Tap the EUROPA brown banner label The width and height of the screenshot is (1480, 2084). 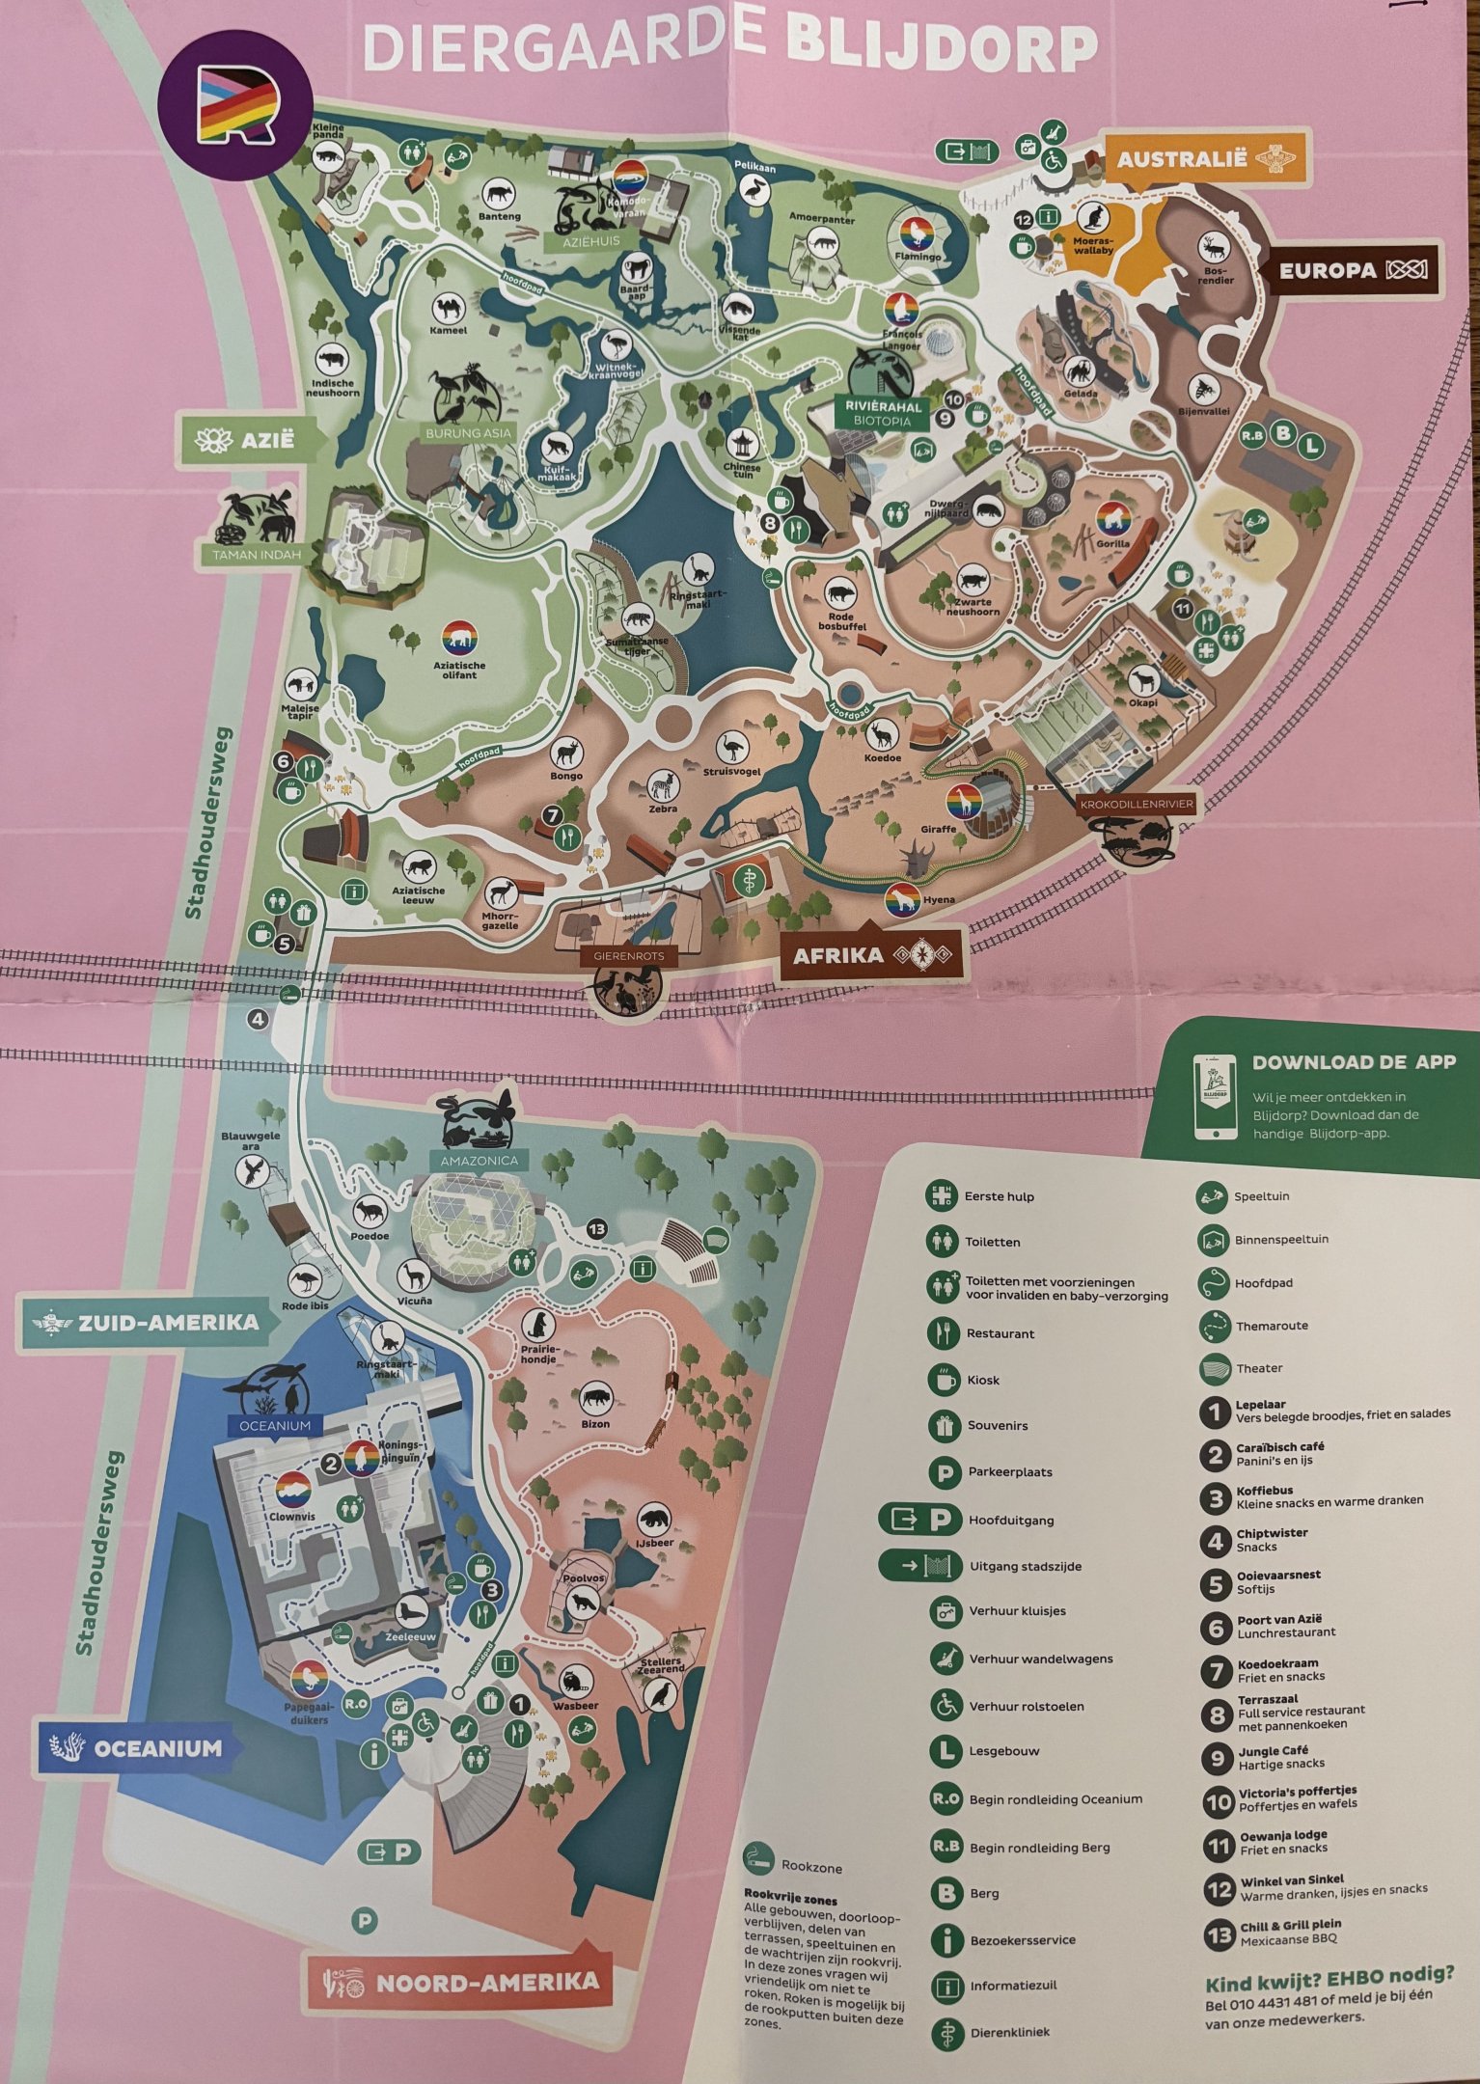pos(1328,271)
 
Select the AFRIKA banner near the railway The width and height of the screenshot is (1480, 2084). pos(837,955)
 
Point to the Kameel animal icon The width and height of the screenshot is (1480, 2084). pos(449,309)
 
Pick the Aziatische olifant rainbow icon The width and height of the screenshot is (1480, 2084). pos(459,639)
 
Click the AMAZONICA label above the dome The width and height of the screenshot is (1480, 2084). pos(479,1161)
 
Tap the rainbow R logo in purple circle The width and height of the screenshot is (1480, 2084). pos(236,103)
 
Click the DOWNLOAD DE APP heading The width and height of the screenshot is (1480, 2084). pos(1353,1061)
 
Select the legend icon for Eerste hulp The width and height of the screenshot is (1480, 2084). pos(940,1195)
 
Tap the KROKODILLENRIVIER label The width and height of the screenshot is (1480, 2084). pos(1137,803)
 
